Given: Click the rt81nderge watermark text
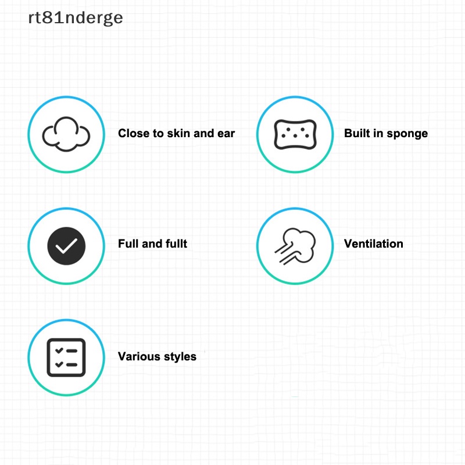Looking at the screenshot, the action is click(76, 18).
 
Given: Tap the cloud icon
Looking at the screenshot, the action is click(66, 134).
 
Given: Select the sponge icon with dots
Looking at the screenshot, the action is click(295, 134).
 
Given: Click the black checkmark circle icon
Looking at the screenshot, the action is click(66, 246).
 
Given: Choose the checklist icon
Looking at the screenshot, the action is click(66, 357).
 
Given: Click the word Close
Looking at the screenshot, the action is click(133, 133).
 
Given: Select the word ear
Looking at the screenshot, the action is click(226, 133).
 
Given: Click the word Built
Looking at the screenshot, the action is click(357, 133).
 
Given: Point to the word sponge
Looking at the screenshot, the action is click(406, 134).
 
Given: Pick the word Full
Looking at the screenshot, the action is click(127, 244).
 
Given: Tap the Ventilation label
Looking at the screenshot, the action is click(373, 244).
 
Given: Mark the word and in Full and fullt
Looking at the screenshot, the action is click(151, 244).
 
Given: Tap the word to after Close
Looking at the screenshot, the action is click(158, 133).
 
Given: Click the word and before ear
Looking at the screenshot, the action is click(204, 133).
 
